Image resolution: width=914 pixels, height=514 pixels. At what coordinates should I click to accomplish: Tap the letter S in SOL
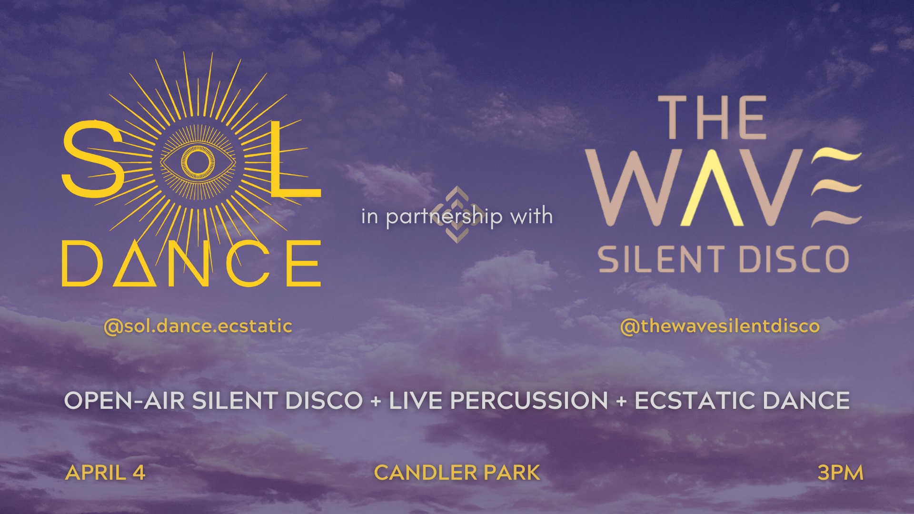pyautogui.click(x=93, y=159)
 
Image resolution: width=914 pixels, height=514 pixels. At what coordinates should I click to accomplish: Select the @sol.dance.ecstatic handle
pyautogui.click(x=198, y=326)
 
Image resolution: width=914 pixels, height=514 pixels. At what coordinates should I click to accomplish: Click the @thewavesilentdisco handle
pyautogui.click(x=720, y=326)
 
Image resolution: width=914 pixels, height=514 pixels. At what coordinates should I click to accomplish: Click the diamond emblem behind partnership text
pyautogui.click(x=457, y=214)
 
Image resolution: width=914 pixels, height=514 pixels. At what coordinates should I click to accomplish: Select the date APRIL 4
pyautogui.click(x=105, y=473)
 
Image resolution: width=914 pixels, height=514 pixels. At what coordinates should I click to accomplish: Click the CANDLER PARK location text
pyautogui.click(x=457, y=473)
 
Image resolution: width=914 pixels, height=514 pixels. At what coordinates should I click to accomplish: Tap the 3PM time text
pyautogui.click(x=840, y=473)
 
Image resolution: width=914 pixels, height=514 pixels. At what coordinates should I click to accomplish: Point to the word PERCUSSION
pyautogui.click(x=529, y=400)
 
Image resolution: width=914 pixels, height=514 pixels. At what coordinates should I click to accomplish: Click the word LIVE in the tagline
pyautogui.click(x=416, y=400)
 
